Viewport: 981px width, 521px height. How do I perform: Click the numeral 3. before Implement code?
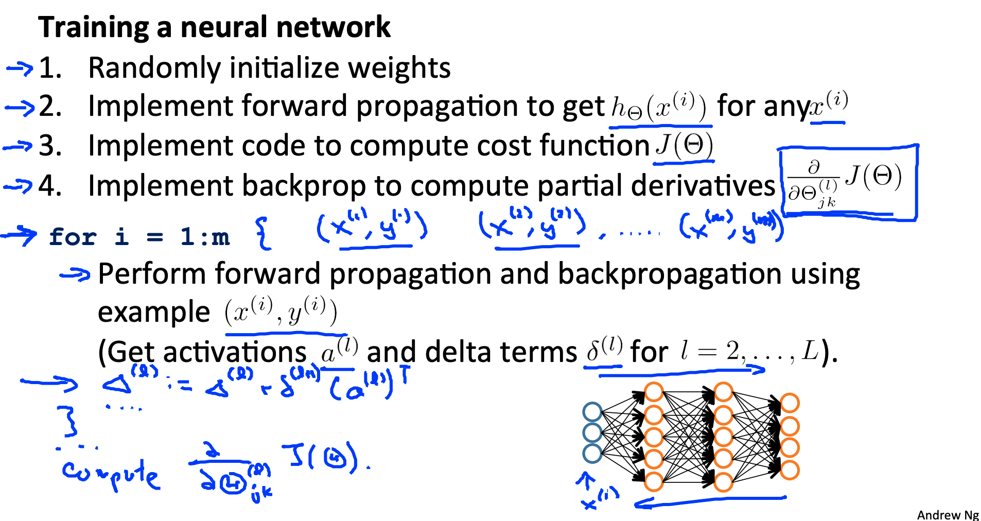(x=50, y=146)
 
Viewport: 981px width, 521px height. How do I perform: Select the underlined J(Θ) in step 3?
(x=684, y=146)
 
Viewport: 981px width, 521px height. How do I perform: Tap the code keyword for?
(x=73, y=237)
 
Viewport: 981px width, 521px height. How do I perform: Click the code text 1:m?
(x=205, y=237)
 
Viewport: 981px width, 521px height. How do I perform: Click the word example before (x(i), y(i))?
(x=153, y=312)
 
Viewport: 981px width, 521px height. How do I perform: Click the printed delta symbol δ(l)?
(x=604, y=350)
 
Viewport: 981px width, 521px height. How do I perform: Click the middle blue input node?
(x=592, y=432)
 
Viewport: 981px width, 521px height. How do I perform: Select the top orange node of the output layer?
(x=790, y=403)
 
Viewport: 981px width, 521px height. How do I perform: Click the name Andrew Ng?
(x=948, y=515)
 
